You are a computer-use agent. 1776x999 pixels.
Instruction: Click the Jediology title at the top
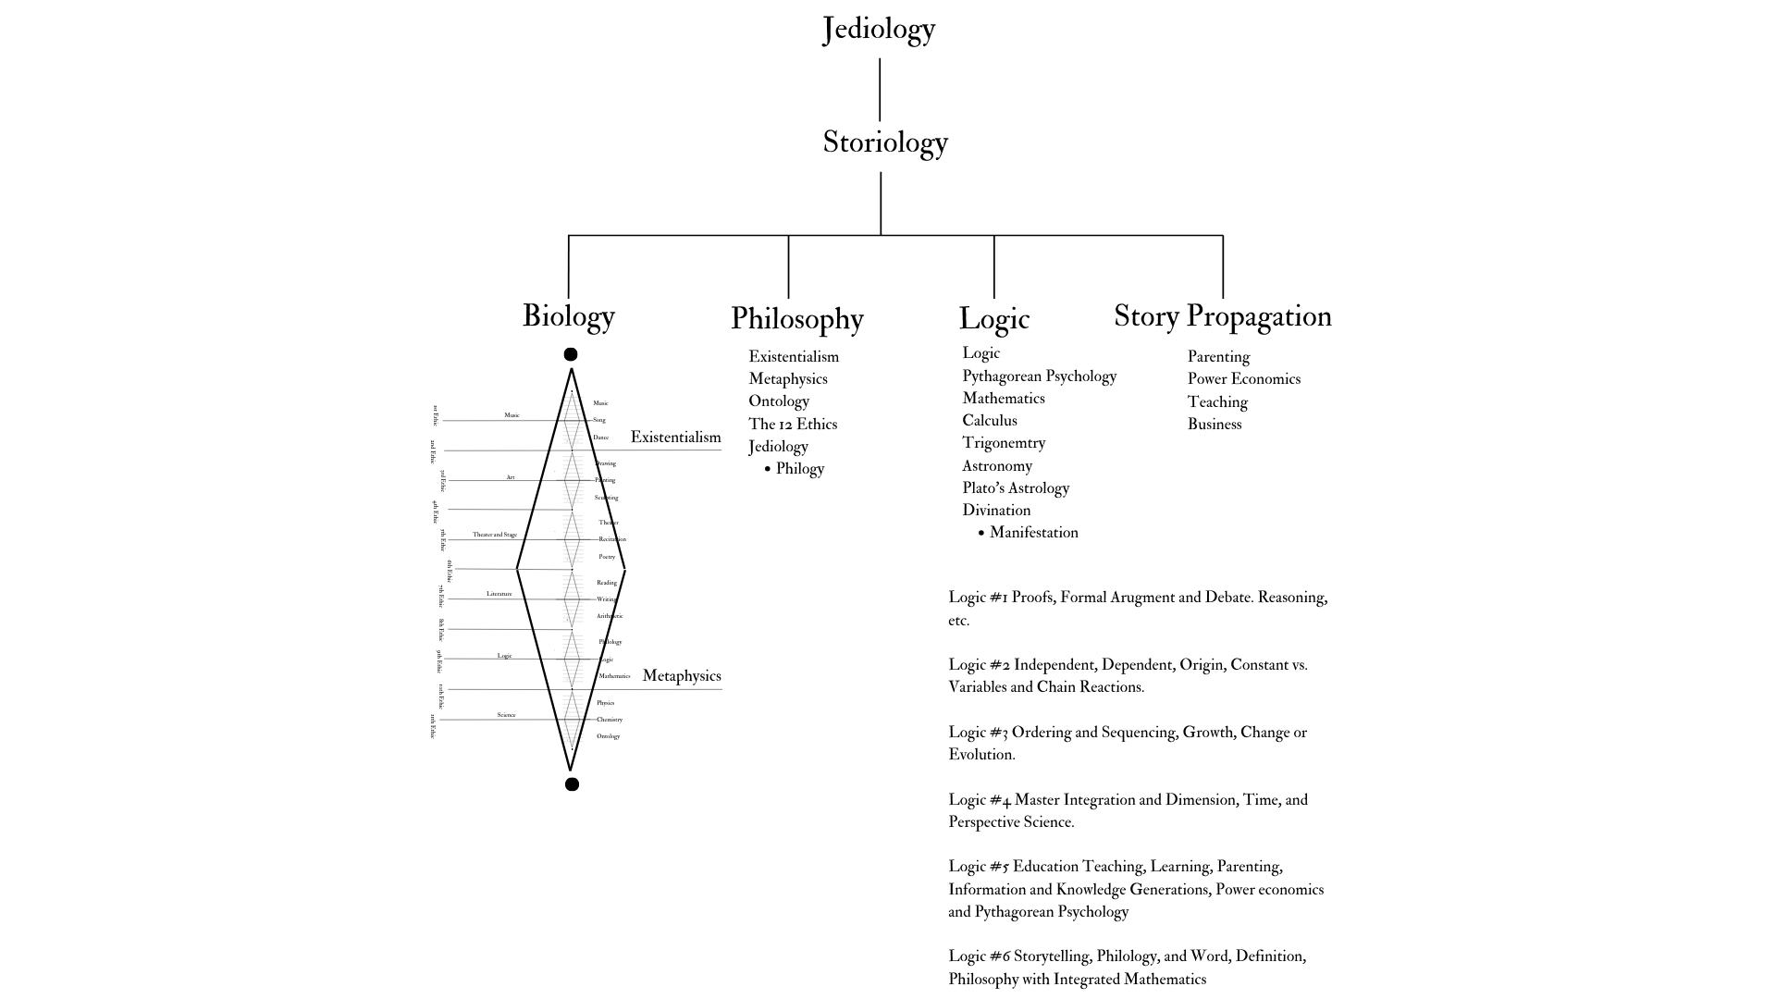(879, 29)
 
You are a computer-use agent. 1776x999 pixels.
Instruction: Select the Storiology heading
(885, 142)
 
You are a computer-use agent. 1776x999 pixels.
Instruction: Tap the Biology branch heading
(568, 315)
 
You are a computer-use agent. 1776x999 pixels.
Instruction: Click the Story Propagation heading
(1222, 315)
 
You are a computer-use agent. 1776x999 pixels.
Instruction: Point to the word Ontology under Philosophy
(779, 401)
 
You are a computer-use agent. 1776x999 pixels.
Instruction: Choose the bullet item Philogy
(799, 469)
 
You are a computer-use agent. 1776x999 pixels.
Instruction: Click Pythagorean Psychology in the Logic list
(1039, 376)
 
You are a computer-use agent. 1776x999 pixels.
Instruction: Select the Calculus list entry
(989, 421)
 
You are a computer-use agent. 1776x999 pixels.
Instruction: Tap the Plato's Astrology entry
(1015, 488)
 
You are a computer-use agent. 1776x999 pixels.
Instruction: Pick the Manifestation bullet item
(1033, 533)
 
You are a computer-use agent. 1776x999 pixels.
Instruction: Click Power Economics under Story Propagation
(1243, 379)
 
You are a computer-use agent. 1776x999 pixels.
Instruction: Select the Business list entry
(1214, 425)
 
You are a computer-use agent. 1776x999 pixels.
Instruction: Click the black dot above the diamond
(571, 354)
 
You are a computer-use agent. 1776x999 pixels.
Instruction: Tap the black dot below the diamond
(572, 784)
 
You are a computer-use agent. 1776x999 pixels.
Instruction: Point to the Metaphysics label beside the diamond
(681, 676)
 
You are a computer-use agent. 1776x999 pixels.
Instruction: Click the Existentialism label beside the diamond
(675, 438)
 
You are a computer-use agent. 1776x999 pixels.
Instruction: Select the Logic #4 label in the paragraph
(979, 800)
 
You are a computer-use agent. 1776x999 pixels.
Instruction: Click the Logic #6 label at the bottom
(979, 956)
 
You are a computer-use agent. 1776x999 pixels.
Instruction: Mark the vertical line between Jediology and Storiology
(879, 90)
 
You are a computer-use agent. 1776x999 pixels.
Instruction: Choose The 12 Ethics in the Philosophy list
(792, 425)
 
